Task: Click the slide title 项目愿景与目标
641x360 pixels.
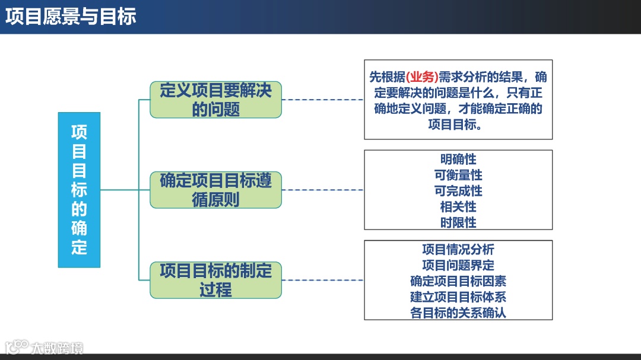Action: point(71,17)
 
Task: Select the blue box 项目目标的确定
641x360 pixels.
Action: point(79,190)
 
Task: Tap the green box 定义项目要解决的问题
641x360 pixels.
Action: point(215,100)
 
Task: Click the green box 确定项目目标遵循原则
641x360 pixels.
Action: point(215,190)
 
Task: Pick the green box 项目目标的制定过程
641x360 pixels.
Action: point(215,280)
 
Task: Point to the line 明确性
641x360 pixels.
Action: point(458,159)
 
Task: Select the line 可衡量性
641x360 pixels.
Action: point(458,175)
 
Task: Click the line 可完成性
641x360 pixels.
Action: point(458,191)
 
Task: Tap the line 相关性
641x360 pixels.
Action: point(458,207)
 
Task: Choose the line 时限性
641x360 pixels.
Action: point(458,223)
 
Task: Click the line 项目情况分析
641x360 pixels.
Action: point(458,249)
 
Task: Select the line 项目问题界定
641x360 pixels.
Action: point(458,265)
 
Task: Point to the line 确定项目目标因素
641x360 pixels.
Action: point(458,281)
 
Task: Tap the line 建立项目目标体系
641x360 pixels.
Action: point(458,297)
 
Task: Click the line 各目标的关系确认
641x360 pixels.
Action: point(458,313)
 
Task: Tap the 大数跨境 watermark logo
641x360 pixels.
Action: point(45,347)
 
